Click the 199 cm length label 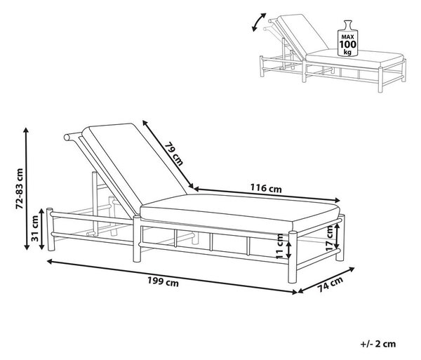pos(163,282)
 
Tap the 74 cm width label pos(330,284)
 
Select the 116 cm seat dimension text pos(266,188)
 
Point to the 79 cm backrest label pos(174,154)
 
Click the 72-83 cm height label pos(20,189)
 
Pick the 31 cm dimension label pos(35,228)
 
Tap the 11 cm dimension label pos(280,246)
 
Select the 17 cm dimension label pos(330,239)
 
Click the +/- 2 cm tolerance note pos(378,344)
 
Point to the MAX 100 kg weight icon pos(348,39)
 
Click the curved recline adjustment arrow pos(258,21)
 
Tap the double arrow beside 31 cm pos(41,229)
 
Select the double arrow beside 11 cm pos(288,250)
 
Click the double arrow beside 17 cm pos(338,236)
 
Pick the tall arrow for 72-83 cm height pos(27,189)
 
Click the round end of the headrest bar pos(67,138)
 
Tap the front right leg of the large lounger pos(293,257)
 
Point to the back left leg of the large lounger pos(51,229)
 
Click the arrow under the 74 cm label pos(326,280)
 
